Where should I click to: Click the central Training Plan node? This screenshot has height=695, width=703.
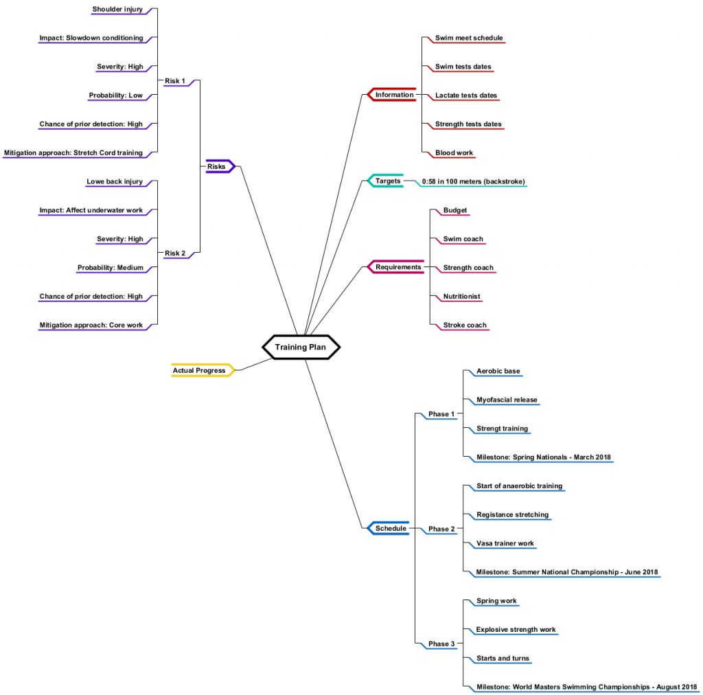tap(301, 347)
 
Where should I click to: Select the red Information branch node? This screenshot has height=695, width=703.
tap(394, 95)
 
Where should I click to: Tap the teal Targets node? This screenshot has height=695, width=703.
tap(388, 181)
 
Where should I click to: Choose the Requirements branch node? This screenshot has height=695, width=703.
tap(397, 267)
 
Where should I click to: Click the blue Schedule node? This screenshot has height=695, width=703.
tap(391, 528)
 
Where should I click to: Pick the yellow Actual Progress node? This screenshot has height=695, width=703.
tap(199, 370)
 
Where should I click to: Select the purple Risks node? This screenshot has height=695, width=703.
tap(216, 166)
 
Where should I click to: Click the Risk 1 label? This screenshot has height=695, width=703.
tap(175, 81)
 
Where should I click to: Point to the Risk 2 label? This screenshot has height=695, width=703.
tap(175, 253)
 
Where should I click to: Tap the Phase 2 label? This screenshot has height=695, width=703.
tap(441, 529)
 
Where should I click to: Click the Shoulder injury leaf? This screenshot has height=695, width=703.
tap(117, 10)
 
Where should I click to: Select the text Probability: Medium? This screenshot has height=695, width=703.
tap(110, 268)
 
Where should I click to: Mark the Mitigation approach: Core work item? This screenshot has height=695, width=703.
tap(91, 326)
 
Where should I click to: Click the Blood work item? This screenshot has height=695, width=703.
tap(454, 152)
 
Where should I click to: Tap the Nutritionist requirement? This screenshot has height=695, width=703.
tap(461, 297)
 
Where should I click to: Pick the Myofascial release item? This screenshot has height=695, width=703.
tap(507, 400)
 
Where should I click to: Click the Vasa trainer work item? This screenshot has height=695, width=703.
tap(505, 543)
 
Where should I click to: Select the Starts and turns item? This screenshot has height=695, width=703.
tap(503, 659)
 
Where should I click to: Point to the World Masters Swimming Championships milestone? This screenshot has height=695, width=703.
tap(586, 687)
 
